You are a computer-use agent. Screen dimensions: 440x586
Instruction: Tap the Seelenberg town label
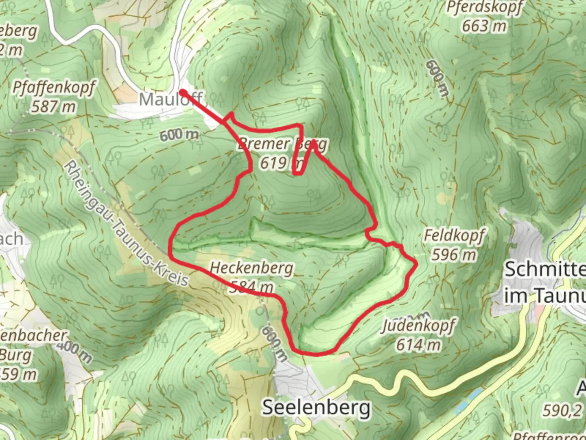pos(316,407)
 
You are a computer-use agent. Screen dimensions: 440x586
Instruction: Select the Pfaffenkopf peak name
pos(54,88)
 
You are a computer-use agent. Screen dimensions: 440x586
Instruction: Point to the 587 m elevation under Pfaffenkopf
pos(54,107)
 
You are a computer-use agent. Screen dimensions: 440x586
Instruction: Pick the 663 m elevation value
pos(484,26)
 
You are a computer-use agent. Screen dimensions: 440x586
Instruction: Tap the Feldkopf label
pos(454,235)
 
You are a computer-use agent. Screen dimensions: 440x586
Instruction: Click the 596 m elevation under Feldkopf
pos(453,255)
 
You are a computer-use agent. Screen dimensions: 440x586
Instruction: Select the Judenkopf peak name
pos(418,326)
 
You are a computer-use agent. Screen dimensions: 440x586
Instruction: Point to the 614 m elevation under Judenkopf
pos(418,345)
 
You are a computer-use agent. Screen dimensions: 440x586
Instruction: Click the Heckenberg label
pos(251,268)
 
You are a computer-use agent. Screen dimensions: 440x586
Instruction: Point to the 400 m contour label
pos(74,351)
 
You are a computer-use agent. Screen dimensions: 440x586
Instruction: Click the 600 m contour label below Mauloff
pos(179,135)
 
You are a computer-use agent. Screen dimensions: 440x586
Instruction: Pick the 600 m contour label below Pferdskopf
pos(437,79)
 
